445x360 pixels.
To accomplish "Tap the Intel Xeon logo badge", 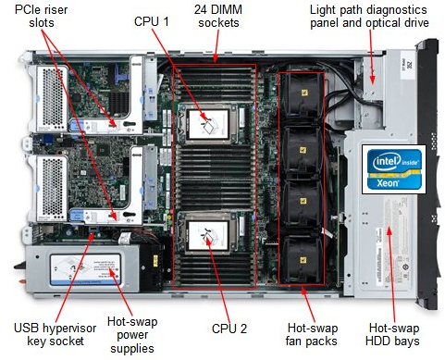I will coord(391,168).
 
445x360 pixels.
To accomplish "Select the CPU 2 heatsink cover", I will coord(210,234).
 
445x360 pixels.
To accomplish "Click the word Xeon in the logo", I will coord(391,184).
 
